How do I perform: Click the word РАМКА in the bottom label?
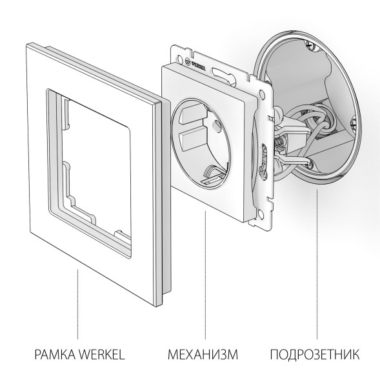[x=49, y=354]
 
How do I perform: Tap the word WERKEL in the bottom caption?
[x=101, y=354]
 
